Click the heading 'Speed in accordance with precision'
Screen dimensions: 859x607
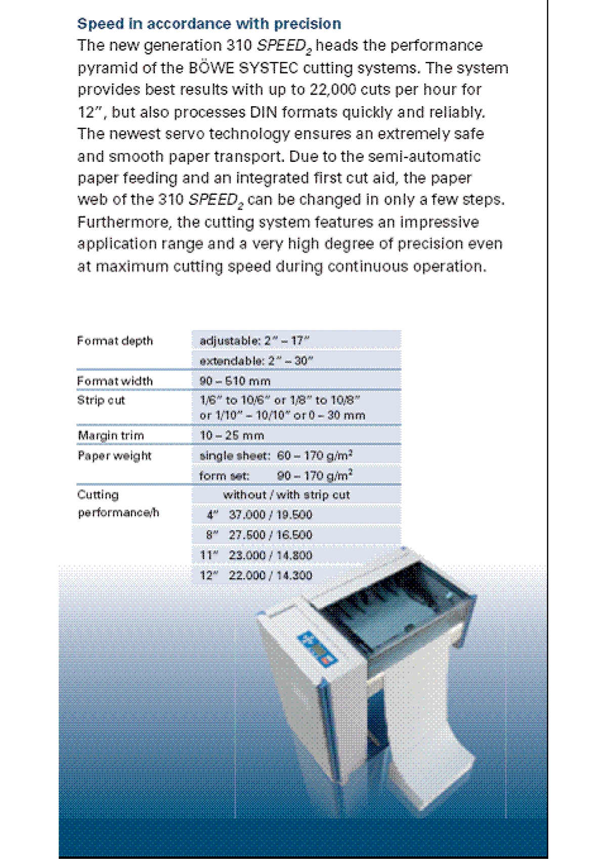point(209,24)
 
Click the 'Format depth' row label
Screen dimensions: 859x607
point(115,341)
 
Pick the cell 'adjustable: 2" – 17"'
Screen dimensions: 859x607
point(254,341)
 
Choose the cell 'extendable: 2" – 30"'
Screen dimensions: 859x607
point(256,361)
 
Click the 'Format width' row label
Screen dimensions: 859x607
point(115,381)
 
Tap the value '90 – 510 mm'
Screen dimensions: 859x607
point(235,381)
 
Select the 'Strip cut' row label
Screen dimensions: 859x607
point(101,400)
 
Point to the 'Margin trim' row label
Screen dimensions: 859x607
point(111,436)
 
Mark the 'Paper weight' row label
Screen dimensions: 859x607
point(114,456)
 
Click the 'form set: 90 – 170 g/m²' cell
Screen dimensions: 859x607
point(276,476)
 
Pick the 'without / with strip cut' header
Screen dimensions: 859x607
point(286,495)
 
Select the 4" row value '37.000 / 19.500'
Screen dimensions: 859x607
point(270,515)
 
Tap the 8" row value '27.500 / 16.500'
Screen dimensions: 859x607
point(270,535)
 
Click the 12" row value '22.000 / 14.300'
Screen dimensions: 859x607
point(270,576)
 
